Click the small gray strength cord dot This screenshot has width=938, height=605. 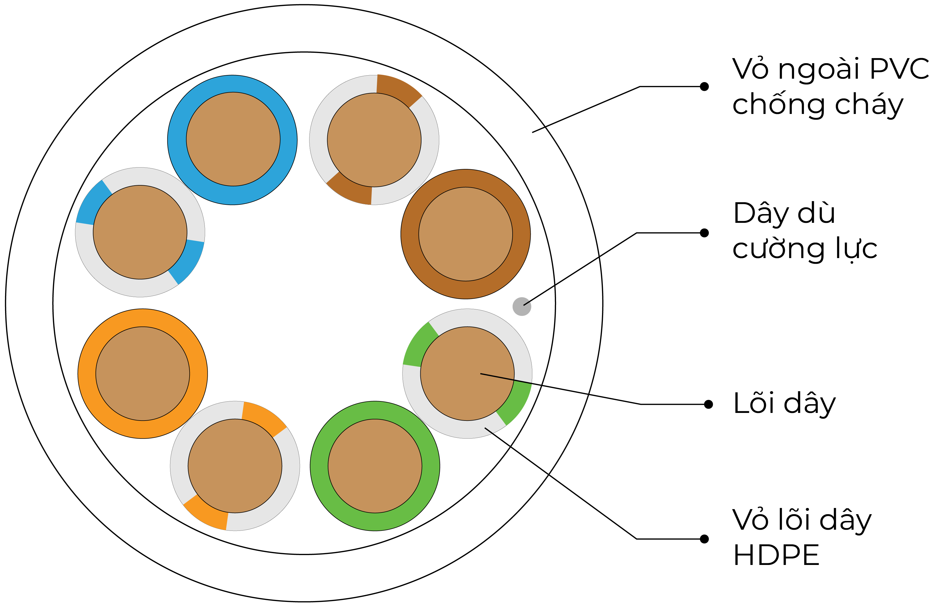521,306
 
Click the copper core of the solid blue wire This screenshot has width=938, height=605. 233,139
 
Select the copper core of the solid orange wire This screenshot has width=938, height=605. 143,374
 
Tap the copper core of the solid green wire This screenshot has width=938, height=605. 375,466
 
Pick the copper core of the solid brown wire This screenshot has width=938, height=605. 466,234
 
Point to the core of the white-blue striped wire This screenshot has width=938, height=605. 140,232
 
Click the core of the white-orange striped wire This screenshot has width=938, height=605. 235,466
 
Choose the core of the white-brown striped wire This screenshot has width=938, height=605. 374,140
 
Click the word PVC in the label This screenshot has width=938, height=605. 899,69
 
